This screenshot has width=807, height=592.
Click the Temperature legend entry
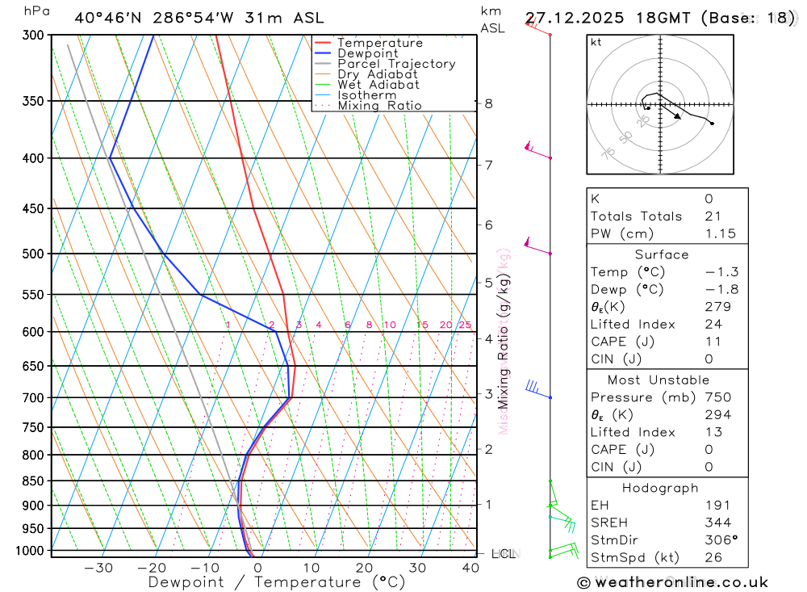(379, 43)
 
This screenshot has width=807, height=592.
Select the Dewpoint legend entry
(368, 53)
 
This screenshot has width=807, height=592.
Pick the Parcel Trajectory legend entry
(396, 64)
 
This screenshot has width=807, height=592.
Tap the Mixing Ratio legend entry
(379, 106)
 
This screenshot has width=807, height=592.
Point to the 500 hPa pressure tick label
(33, 254)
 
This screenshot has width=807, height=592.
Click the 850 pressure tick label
(33, 481)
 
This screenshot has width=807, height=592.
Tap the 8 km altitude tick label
(488, 103)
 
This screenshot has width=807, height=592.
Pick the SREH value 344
(717, 523)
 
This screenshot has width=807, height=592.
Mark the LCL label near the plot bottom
(504, 554)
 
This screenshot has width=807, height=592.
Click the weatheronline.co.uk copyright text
(672, 582)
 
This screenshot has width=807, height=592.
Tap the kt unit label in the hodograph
(596, 43)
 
